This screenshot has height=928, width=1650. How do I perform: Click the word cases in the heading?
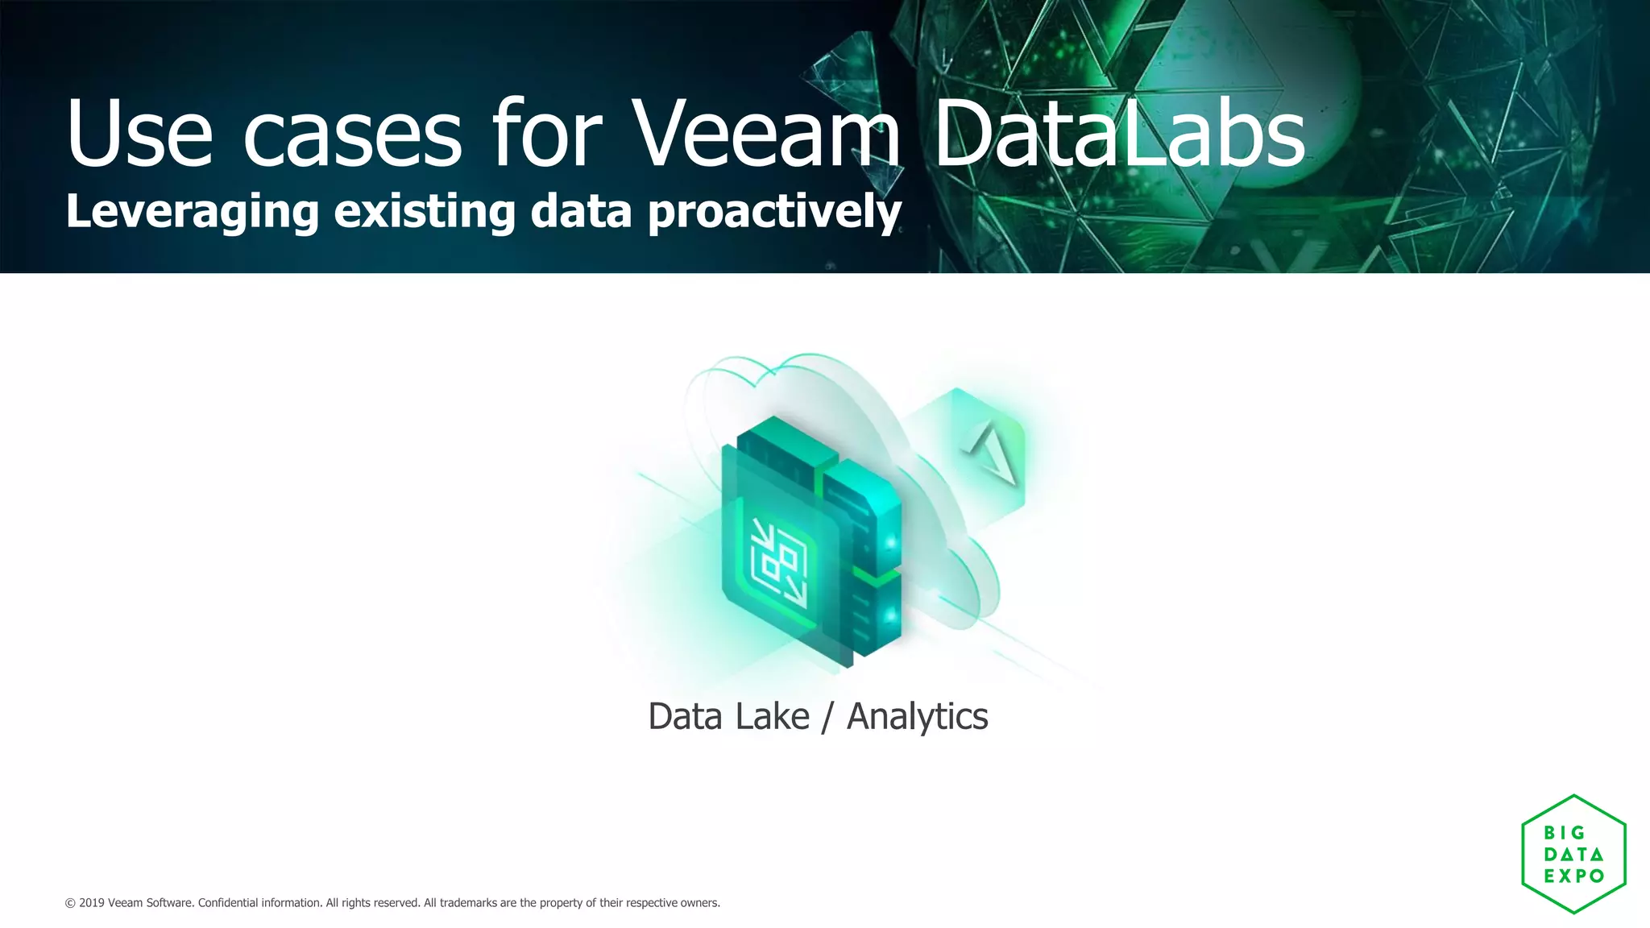[x=352, y=134]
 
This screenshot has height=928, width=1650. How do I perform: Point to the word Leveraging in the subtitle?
[x=192, y=212]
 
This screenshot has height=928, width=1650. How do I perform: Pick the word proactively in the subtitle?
[x=774, y=212]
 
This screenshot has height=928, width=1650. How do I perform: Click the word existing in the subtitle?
[x=424, y=212]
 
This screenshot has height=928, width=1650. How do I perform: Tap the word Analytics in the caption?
[x=917, y=716]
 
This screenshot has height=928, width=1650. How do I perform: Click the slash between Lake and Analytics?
[x=827, y=717]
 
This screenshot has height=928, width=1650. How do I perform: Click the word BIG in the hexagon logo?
[x=1564, y=833]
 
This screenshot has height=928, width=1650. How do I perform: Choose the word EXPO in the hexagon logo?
[x=1573, y=876]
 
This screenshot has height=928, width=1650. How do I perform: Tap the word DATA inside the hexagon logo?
[x=1573, y=854]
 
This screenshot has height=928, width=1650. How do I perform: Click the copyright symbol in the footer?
[x=70, y=903]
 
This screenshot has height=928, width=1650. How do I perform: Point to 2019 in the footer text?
[x=91, y=903]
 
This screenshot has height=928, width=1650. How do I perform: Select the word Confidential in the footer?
[x=227, y=903]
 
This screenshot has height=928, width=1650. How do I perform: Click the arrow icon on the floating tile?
[x=992, y=454]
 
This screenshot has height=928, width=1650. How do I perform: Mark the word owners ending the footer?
[x=699, y=903]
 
